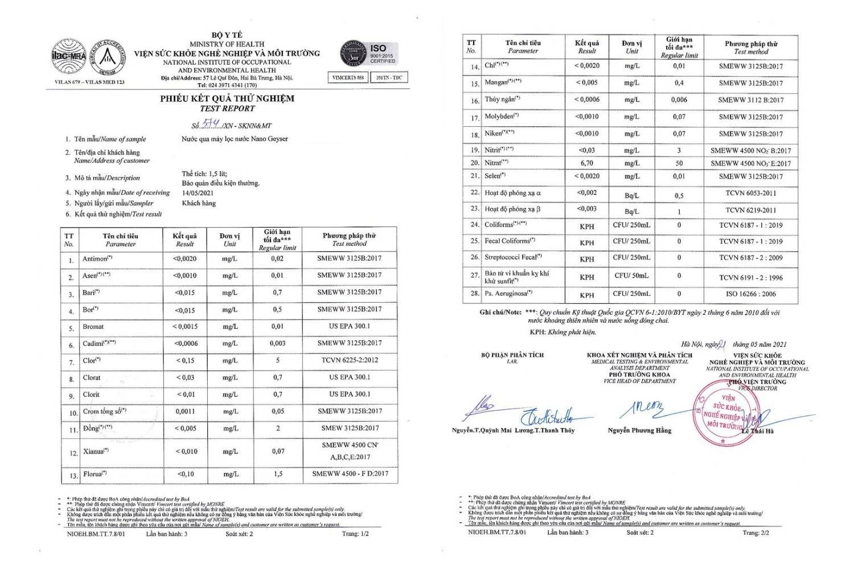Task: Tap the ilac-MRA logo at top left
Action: (69, 57)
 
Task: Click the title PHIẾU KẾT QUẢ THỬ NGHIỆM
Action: (227, 98)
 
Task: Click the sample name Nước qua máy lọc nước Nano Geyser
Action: (235, 139)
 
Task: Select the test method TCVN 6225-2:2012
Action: (349, 360)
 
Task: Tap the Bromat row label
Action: (93, 327)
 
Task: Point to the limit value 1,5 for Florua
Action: (278, 474)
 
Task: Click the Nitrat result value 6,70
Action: (586, 163)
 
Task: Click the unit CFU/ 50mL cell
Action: (631, 276)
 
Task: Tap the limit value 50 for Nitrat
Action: (679, 163)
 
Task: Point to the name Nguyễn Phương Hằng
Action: (639, 431)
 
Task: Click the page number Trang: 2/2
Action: (756, 533)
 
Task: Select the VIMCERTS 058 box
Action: (348, 77)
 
